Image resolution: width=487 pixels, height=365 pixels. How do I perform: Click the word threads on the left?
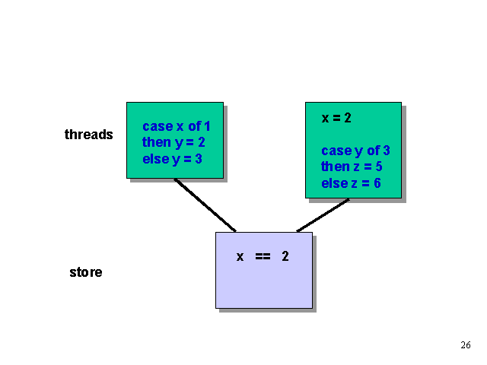point(88,135)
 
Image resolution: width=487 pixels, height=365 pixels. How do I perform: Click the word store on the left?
point(85,271)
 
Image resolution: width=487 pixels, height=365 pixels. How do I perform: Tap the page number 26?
point(466,345)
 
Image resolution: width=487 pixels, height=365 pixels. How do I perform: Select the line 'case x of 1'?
point(176,126)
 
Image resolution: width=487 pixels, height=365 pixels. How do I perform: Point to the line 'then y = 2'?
point(173,142)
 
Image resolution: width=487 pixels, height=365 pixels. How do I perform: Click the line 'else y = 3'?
point(173,158)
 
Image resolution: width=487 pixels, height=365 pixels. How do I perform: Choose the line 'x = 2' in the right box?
point(336,118)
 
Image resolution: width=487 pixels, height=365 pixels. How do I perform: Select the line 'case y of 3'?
point(355,151)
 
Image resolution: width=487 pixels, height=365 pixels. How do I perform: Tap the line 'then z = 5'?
point(351,167)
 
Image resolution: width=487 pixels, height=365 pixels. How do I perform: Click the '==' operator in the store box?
point(263,256)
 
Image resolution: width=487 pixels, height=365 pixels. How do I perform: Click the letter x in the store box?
point(240,256)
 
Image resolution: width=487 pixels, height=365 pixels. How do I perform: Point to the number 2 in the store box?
point(285,256)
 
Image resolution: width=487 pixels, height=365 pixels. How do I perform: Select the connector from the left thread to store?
point(205,205)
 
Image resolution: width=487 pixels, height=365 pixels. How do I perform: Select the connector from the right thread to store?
point(323,215)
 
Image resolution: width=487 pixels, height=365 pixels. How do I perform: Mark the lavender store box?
point(263,285)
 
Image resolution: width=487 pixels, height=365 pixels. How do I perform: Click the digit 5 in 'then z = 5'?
point(377,167)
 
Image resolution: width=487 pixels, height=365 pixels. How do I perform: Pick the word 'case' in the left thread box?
point(158,126)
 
